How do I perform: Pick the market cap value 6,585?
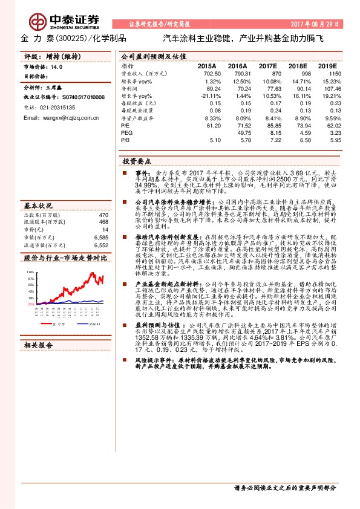click(x=101, y=238)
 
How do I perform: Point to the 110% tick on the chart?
click(x=30, y=273)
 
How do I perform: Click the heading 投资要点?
click(x=137, y=162)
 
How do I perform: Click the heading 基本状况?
click(x=38, y=205)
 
